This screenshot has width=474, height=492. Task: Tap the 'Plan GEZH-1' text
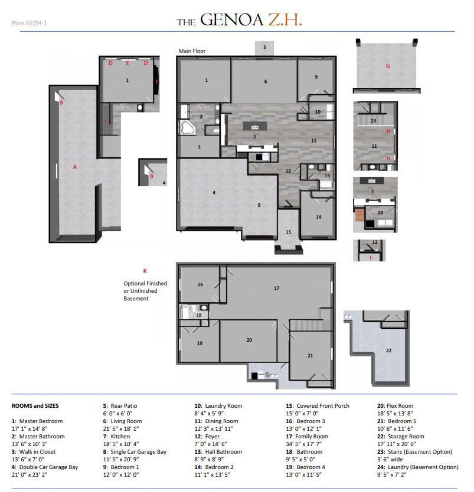29,24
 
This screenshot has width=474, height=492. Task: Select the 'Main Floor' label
192,51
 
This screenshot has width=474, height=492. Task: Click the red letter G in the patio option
388,66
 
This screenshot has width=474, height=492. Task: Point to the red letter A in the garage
75,167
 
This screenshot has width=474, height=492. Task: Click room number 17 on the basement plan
276,288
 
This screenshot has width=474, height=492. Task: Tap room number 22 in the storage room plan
388,350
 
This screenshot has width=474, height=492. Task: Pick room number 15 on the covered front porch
289,232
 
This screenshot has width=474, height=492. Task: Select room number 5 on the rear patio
264,47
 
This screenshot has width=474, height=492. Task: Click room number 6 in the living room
266,81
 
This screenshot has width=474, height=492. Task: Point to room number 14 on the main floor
319,217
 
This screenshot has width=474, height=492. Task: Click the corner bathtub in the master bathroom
188,128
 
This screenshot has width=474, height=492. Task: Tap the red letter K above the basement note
145,270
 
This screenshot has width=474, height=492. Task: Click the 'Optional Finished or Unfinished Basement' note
145,291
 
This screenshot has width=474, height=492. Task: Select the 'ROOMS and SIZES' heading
35,406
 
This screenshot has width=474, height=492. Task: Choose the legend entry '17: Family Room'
307,437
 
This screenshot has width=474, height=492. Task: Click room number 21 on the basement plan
310,355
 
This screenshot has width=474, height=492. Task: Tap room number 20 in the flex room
249,340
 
